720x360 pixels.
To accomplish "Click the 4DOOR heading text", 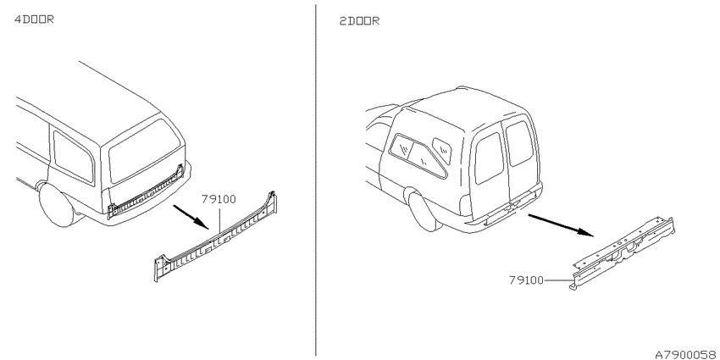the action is coord(34,19).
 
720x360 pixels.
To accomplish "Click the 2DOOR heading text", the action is coord(359,21).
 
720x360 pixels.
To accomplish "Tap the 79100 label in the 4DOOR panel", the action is coord(219,199).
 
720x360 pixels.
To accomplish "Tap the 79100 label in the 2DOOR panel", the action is coord(526,280).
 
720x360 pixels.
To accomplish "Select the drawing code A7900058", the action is coord(687,354).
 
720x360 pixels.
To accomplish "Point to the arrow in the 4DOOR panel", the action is coord(191,217).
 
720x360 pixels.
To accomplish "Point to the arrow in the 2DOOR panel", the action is coord(561,225).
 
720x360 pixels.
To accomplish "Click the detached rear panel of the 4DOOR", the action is coord(216,236).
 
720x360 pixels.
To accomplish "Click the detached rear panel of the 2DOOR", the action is coord(623,253).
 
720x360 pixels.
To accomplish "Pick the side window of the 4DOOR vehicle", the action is coord(74,156).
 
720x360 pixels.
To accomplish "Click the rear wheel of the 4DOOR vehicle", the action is coord(58,205).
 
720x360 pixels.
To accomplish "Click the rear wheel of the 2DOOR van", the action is coord(424,211).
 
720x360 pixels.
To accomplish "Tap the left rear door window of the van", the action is coord(489,158).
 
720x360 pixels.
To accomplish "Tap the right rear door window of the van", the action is coord(520,143).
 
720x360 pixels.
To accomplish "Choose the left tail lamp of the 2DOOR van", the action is coord(465,205).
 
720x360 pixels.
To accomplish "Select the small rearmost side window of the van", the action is coord(441,150).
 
